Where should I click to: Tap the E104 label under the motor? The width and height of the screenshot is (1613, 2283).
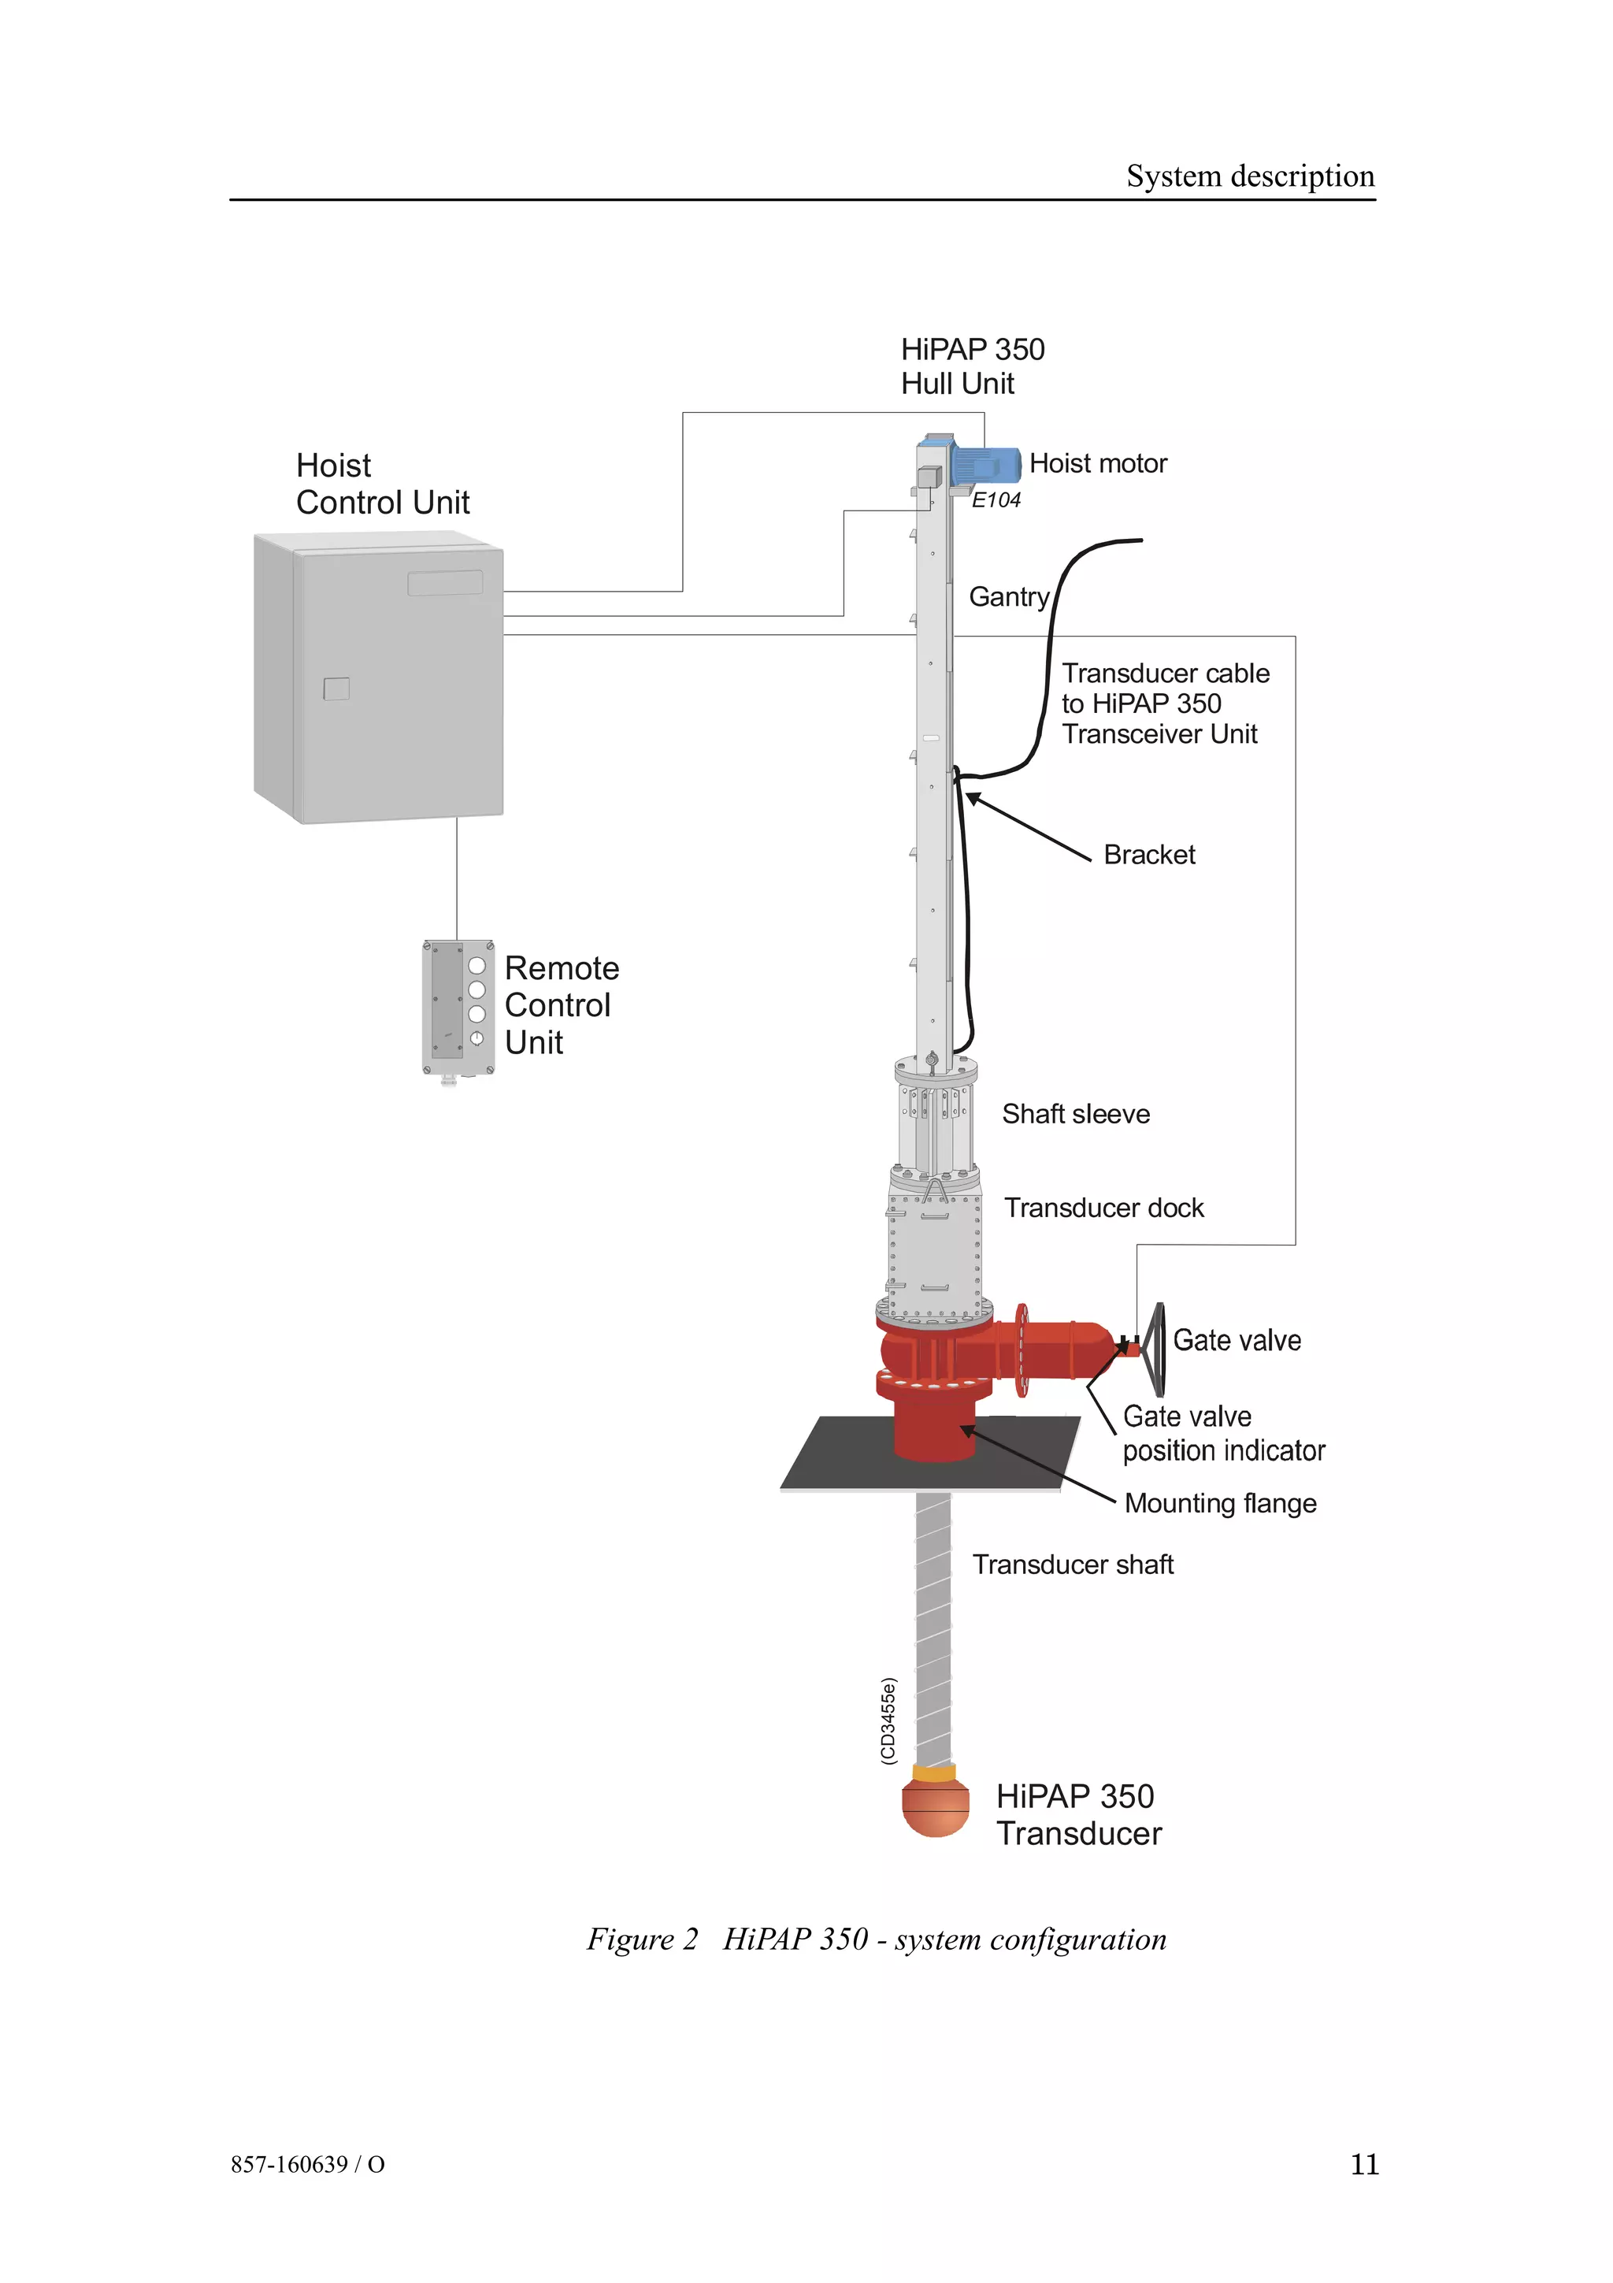tap(996, 500)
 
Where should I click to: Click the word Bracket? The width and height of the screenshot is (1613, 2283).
tap(1149, 854)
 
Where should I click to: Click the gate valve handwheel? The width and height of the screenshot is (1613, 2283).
tap(1156, 1349)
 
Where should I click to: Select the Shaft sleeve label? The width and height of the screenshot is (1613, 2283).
tap(1075, 1114)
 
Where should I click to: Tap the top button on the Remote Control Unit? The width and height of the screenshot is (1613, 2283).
tap(477, 966)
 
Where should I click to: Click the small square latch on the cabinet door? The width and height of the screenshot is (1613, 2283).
tap(337, 688)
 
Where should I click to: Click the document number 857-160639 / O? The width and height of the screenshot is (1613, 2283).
tap(308, 2165)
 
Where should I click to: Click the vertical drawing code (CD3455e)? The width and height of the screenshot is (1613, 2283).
tap(888, 1721)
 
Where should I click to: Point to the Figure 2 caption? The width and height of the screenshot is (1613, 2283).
tap(876, 1939)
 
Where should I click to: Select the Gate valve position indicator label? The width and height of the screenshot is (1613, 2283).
tap(1223, 1433)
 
